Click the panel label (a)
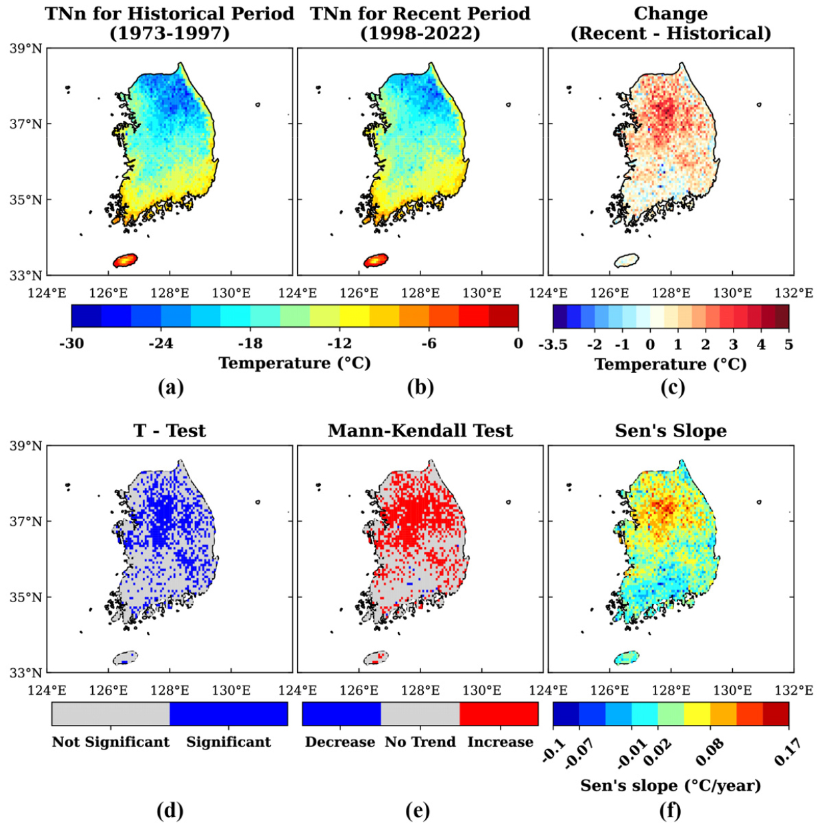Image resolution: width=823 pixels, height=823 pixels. click(170, 388)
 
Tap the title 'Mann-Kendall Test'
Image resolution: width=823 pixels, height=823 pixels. click(421, 431)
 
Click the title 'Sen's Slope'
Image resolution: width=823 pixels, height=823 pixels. click(671, 431)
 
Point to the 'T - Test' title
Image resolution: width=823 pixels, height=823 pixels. click(170, 431)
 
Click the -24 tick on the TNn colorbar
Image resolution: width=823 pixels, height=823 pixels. click(161, 343)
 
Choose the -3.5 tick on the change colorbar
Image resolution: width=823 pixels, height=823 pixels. click(555, 344)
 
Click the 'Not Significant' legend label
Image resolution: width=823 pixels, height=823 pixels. click(111, 742)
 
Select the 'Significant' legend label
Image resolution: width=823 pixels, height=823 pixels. click(228, 742)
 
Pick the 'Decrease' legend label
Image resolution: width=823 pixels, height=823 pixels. click(340, 742)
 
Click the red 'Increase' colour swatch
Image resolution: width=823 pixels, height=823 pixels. click(499, 714)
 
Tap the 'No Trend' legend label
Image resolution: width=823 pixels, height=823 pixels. click(421, 742)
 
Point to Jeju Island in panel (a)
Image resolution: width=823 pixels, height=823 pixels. click(125, 260)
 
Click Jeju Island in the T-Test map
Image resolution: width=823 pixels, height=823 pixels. click(125, 657)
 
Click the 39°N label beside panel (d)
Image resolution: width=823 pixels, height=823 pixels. click(26, 446)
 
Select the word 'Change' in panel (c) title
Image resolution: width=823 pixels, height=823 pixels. click(671, 13)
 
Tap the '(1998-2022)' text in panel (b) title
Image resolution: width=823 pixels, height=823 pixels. click(421, 33)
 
